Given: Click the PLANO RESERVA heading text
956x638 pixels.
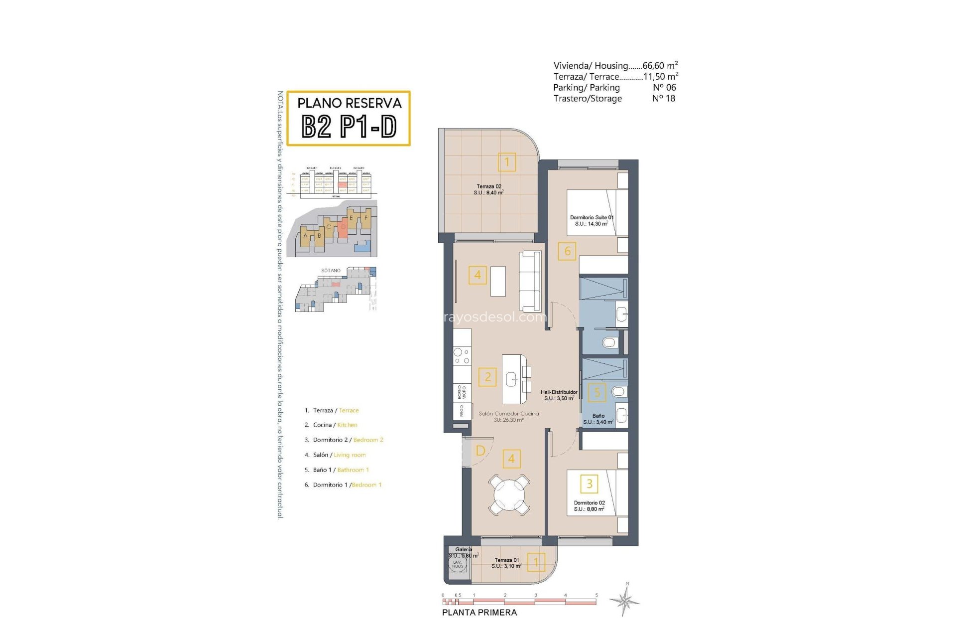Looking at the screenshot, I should (x=349, y=103).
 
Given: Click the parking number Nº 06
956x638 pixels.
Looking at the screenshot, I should (x=664, y=87).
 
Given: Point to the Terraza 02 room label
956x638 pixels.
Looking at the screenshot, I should (x=488, y=189).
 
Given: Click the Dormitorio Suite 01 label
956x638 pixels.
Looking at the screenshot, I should (x=592, y=220).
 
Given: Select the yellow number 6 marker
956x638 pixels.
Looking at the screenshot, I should (x=567, y=251).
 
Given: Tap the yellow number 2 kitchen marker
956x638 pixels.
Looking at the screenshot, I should (x=487, y=377).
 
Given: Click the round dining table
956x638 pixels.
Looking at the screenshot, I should (x=509, y=495).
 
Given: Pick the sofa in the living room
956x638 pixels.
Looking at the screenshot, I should (x=530, y=282).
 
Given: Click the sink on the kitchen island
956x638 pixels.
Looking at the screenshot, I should (x=512, y=380).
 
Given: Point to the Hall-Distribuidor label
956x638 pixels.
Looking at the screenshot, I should (x=559, y=395).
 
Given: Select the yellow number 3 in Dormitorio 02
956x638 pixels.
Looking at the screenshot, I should (x=589, y=483).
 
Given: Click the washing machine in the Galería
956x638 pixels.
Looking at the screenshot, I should (x=457, y=564).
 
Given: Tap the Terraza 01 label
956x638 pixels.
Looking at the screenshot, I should (x=506, y=563).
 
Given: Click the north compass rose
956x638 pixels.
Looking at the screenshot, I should (x=625, y=600).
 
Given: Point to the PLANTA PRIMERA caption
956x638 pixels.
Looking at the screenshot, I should (x=479, y=613).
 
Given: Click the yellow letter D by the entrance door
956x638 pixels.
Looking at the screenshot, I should (x=480, y=451).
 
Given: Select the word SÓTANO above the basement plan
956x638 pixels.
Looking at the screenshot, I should (x=331, y=271).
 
